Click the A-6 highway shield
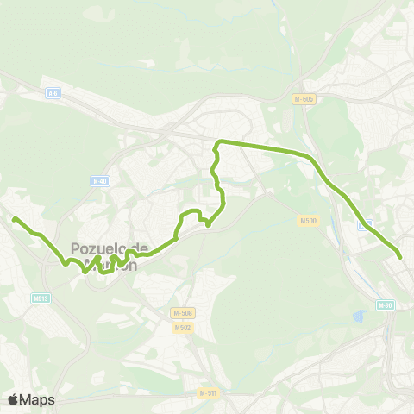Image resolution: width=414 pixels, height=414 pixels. [53, 91]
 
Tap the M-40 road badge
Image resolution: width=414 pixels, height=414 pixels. [100, 181]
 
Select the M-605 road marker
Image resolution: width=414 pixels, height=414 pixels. [304, 98]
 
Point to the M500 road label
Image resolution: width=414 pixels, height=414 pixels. [309, 221]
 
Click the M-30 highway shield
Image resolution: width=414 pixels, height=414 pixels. [385, 304]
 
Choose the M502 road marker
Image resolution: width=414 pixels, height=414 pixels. [181, 328]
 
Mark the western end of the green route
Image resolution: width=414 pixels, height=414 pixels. [15, 219]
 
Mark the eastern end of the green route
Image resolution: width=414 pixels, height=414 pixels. [400, 255]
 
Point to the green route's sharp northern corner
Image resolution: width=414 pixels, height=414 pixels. [217, 141]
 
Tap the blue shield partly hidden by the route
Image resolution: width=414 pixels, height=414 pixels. [365, 223]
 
